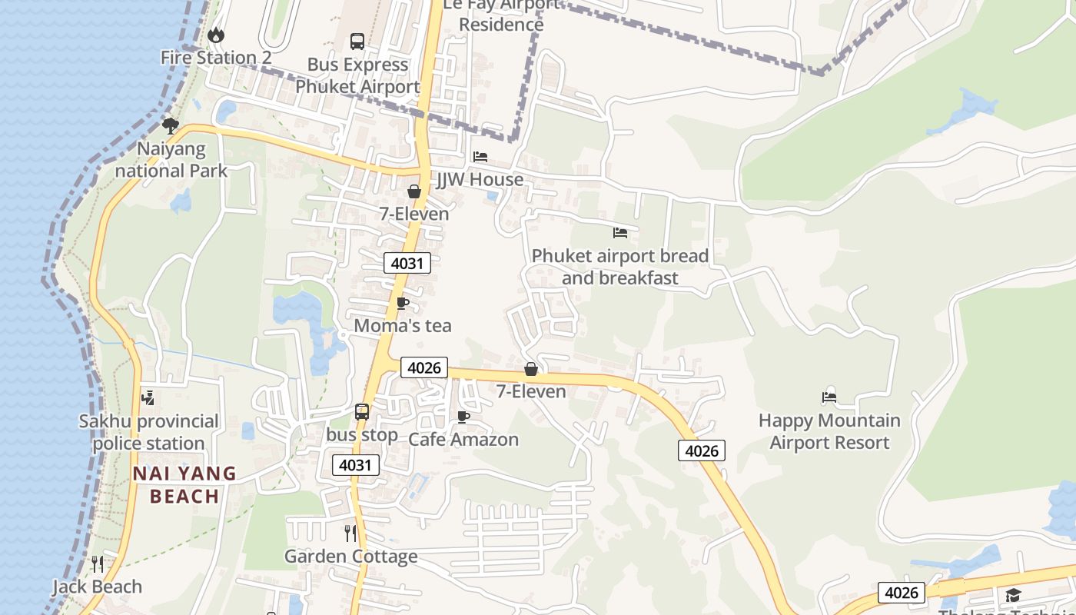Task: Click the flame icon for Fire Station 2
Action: tap(216, 35)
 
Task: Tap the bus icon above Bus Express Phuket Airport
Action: tap(357, 42)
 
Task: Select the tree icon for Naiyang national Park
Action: tap(171, 125)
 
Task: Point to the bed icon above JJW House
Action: tap(480, 157)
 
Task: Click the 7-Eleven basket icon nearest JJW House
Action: tap(414, 191)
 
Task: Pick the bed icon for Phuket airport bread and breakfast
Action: tap(620, 232)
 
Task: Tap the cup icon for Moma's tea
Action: tap(402, 303)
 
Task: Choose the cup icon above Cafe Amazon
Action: tap(463, 417)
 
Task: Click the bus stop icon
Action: tap(362, 412)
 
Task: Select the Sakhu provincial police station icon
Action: tap(148, 398)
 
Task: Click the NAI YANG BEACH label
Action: tap(184, 484)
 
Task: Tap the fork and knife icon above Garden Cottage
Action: tap(350, 534)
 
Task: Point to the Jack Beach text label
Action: tap(97, 587)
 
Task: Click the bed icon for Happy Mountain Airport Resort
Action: tap(829, 397)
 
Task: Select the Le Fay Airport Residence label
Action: tap(501, 15)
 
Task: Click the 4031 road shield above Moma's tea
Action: tap(407, 263)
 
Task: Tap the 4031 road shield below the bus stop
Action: tap(356, 464)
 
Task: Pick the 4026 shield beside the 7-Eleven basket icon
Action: tap(424, 367)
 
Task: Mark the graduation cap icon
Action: tap(1013, 595)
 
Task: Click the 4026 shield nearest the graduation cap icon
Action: tap(902, 593)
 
